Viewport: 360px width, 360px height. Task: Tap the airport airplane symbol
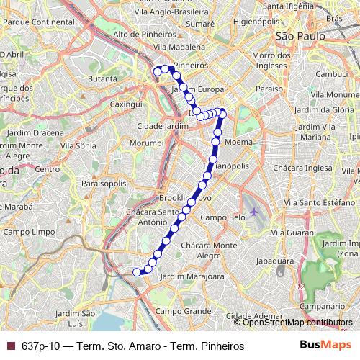tap(253, 212)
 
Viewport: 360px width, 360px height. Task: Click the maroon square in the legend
tap(9, 346)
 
